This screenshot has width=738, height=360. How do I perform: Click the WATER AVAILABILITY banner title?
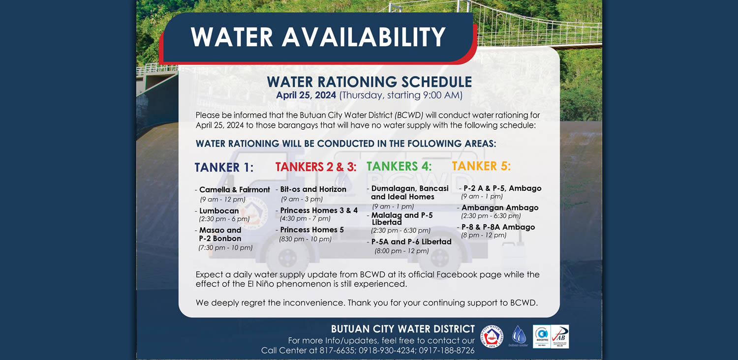click(318, 37)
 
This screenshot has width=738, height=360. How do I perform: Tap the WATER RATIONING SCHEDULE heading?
click(369, 82)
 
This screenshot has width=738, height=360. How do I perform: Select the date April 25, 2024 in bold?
click(306, 95)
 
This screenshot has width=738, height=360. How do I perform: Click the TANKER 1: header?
click(224, 167)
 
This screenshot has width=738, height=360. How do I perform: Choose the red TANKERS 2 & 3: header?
click(316, 167)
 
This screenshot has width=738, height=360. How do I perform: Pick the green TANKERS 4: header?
click(399, 166)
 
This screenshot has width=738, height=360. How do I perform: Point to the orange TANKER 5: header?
click(481, 166)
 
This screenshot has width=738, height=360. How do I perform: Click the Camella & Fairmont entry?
click(235, 190)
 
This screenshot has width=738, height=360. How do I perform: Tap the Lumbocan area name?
click(219, 211)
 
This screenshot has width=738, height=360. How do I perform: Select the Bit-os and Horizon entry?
click(313, 189)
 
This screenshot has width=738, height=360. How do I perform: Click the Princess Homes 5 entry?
click(311, 230)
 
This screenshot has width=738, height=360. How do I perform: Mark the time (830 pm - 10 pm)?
click(306, 239)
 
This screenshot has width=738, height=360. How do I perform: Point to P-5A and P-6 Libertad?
click(411, 242)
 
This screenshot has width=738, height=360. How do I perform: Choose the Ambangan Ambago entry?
click(500, 208)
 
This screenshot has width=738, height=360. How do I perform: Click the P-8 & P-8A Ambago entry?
click(498, 227)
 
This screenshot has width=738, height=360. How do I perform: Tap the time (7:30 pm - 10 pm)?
click(226, 248)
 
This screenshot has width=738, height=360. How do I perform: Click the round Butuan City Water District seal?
click(492, 336)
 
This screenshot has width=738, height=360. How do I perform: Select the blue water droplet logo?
click(519, 335)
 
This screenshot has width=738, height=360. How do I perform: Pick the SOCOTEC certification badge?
click(542, 336)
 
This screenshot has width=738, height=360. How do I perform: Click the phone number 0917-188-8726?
click(447, 351)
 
